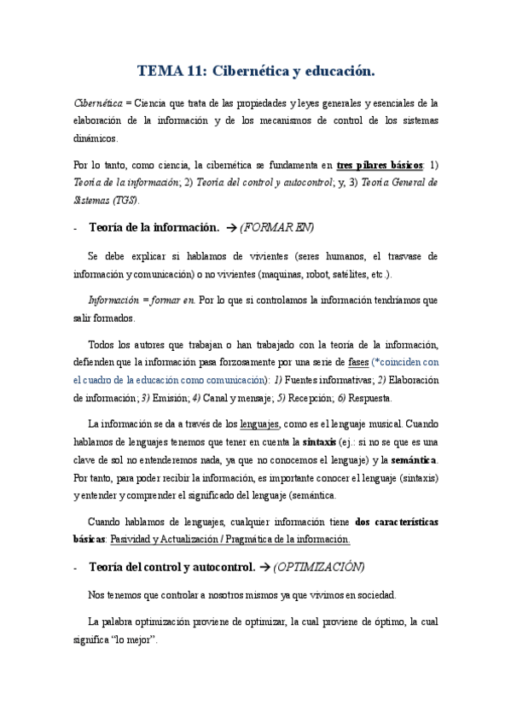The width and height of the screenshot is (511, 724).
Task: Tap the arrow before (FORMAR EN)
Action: [x=229, y=227]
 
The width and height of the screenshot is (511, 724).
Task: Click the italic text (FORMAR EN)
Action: [x=276, y=227]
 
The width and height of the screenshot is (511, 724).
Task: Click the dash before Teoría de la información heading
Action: [x=77, y=228]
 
